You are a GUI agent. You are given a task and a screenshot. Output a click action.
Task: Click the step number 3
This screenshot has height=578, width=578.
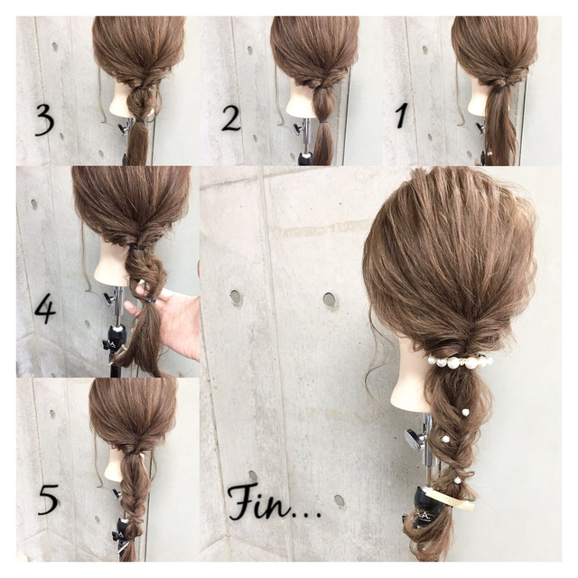tap(45, 120)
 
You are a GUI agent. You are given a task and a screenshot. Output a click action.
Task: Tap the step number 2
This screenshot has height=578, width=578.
tap(231, 117)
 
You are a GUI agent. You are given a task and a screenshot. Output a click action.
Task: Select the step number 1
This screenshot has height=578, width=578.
tap(401, 115)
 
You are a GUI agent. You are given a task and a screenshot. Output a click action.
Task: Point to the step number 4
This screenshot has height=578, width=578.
tap(45, 311)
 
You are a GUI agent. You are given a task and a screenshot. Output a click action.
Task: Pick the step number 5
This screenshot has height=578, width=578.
tap(48, 499)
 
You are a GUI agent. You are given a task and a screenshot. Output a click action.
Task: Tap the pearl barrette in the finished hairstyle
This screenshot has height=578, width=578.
tap(460, 360)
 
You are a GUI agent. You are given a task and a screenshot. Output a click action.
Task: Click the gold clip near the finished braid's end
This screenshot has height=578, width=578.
tap(450, 498)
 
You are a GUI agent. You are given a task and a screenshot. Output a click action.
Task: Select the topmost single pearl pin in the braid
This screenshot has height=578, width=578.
tap(465, 412)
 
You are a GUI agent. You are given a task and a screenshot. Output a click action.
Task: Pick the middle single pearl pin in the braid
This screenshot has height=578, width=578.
tap(446, 439)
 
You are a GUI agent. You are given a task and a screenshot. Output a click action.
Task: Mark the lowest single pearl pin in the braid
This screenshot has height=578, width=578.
tap(457, 480)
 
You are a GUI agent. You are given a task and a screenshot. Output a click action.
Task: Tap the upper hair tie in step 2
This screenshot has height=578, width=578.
tap(322, 88)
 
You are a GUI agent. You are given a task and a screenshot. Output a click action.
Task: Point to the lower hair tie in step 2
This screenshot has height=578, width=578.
tap(323, 121)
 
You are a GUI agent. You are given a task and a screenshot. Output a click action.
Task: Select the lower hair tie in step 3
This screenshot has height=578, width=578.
tap(139, 120)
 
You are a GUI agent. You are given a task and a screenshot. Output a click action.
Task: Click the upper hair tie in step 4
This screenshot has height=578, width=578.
tap(136, 249)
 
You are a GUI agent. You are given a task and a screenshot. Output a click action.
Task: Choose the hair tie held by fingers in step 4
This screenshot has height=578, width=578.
tap(150, 301)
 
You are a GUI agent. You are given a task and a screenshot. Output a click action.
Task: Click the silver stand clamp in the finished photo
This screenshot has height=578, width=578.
tap(415, 440)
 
